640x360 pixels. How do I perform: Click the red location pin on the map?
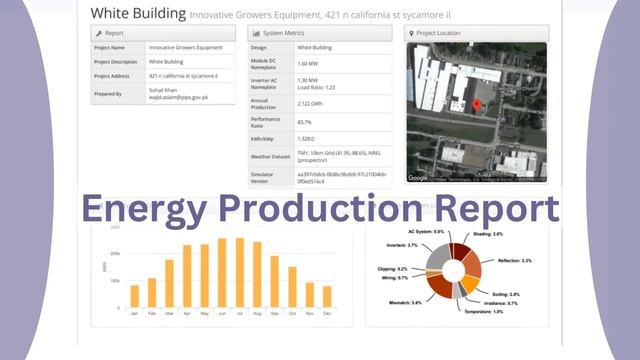tap(476, 105)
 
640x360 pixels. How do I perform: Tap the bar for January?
tap(134, 296)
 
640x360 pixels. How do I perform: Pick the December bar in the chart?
tap(326, 297)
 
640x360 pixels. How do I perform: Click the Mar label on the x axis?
tap(169, 313)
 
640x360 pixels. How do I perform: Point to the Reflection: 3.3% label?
tap(512, 260)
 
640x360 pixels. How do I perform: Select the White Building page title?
tap(138, 13)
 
